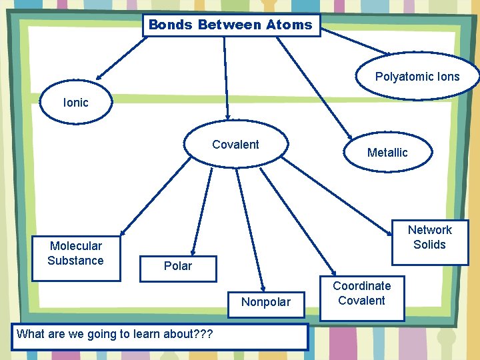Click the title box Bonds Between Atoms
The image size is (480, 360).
pyautogui.click(x=231, y=25)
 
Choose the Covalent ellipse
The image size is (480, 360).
pyautogui.click(x=236, y=143)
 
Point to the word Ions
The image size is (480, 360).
pyautogui.click(x=446, y=77)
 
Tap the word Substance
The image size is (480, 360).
pyautogui.click(x=75, y=261)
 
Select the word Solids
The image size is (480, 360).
pyautogui.click(x=429, y=245)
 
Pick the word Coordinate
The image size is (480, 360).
pyautogui.click(x=362, y=286)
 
